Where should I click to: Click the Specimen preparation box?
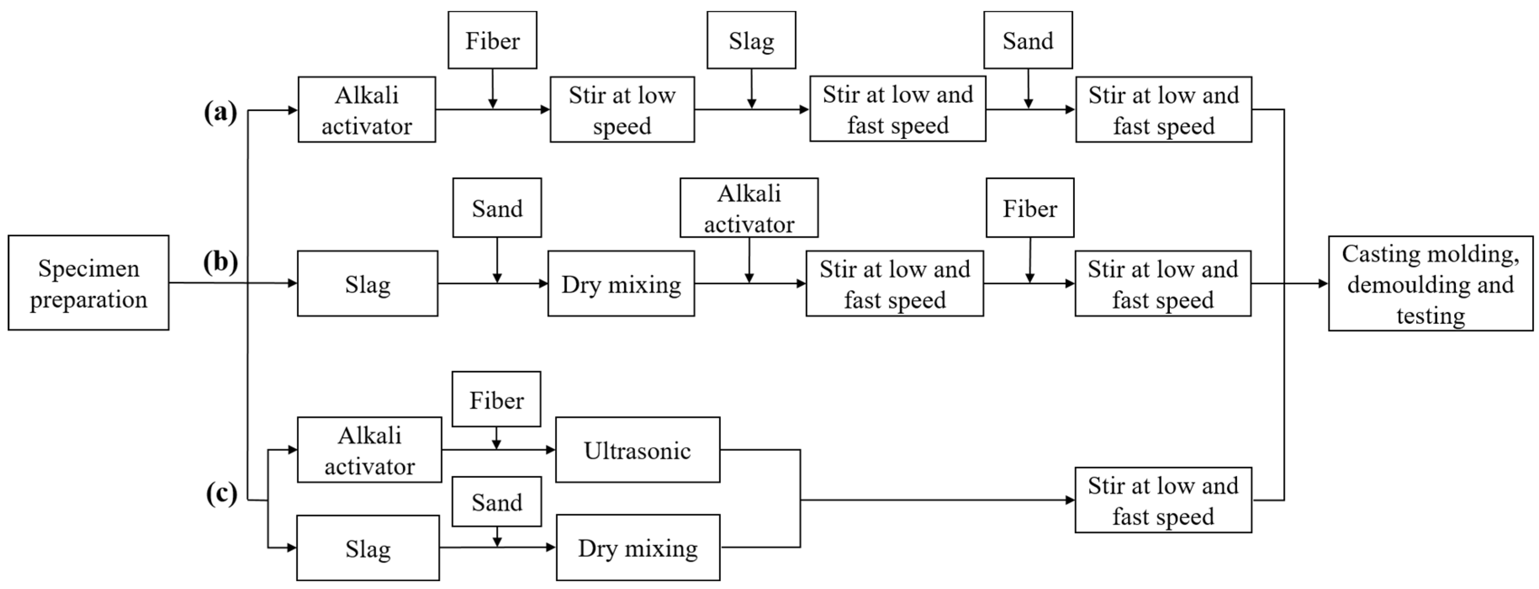[x=88, y=283]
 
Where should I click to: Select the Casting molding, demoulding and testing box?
[x=1430, y=283]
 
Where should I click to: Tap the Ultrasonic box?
[x=637, y=450]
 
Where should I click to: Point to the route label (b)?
[x=220, y=261]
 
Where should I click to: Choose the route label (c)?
[x=222, y=494]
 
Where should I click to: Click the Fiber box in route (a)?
[x=492, y=40]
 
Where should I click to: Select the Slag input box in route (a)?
[x=751, y=40]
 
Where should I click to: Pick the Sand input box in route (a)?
[x=1027, y=40]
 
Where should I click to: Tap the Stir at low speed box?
[x=622, y=109]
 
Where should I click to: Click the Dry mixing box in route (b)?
[x=621, y=284]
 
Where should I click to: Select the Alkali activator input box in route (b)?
[x=749, y=208]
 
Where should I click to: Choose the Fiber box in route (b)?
[x=1030, y=208]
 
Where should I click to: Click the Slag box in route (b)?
[x=367, y=284]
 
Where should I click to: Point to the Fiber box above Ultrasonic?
[x=496, y=399]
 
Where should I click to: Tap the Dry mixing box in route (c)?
[x=637, y=548]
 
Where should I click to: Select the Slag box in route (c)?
[x=367, y=548]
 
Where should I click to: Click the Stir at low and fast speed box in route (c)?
[x=1163, y=500]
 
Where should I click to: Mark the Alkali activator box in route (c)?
[x=369, y=450]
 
